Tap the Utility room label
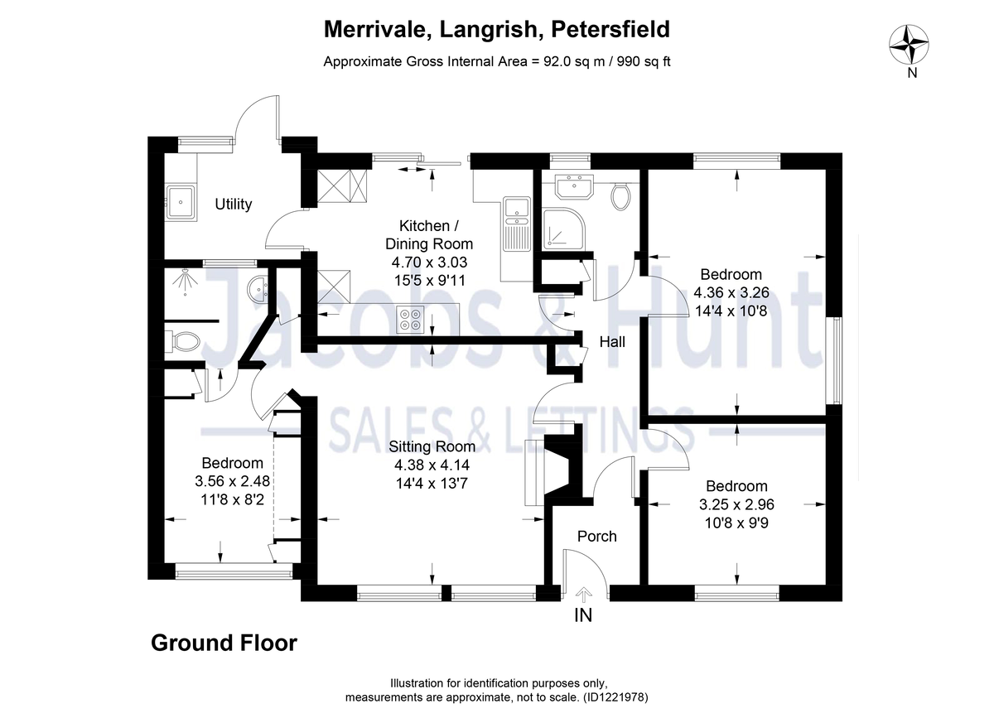pos(233,204)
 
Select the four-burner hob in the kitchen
pos(408,319)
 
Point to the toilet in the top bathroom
pos(620,195)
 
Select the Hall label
pos(613,341)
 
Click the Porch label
pos(596,536)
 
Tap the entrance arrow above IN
pos(584,593)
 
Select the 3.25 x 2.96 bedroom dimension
pos(736,504)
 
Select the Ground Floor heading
pos(224,643)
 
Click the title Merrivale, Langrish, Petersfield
pos(496,30)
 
